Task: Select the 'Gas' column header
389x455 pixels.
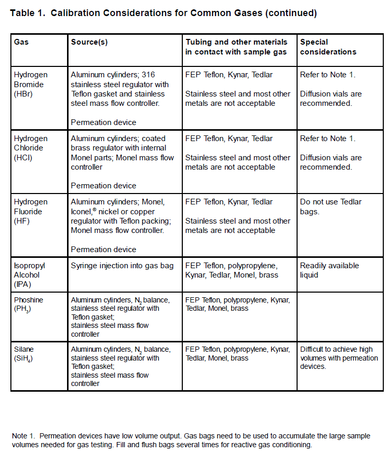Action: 21,42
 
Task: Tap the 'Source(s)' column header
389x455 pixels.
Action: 89,42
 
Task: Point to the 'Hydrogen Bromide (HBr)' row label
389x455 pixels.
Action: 30,84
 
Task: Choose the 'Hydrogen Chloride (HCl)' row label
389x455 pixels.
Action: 30,148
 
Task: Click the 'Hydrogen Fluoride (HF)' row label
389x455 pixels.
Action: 30,212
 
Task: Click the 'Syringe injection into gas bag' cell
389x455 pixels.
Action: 122,266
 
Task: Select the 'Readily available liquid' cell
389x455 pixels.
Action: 329,270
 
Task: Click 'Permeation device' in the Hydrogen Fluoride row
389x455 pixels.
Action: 103,250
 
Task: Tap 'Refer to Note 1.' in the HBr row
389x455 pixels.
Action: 327,75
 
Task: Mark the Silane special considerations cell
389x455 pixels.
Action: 339,358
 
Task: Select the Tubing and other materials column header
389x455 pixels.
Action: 236,47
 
